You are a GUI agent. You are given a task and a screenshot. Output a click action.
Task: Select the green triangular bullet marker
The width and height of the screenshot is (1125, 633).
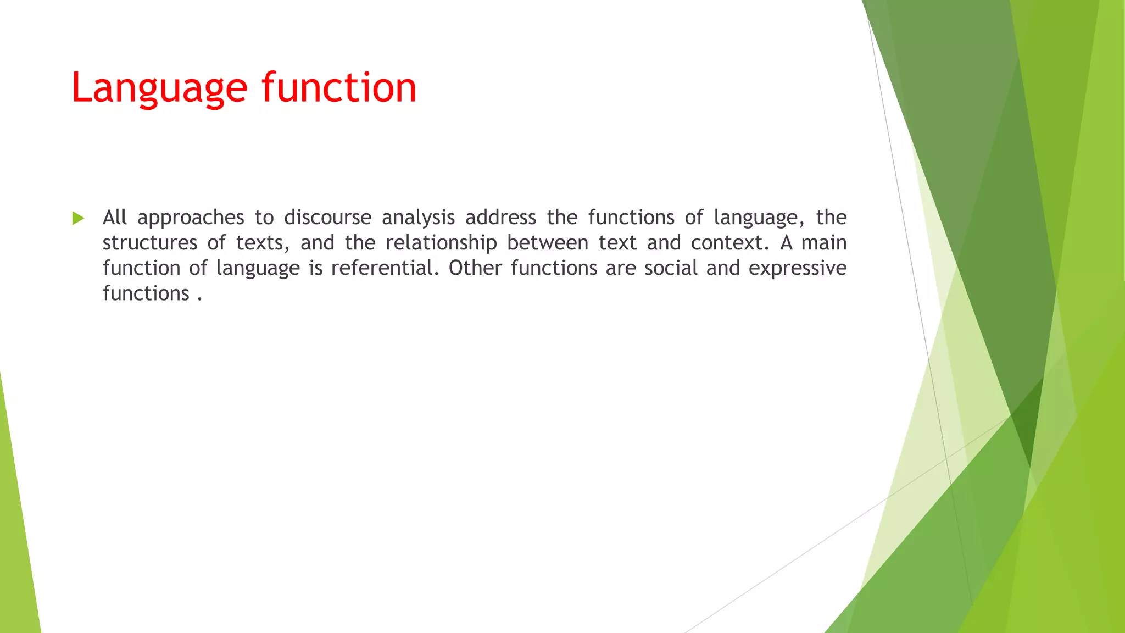78,218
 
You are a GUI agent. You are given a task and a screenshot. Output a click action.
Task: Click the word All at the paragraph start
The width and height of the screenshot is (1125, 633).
115,218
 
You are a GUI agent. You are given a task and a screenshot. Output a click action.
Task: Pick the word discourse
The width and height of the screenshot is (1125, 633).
327,218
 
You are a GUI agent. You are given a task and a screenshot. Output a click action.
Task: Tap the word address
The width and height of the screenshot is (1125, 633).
500,218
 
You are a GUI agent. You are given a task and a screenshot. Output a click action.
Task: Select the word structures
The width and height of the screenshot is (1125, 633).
150,243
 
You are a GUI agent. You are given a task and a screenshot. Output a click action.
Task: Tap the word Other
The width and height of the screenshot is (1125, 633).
475,268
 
